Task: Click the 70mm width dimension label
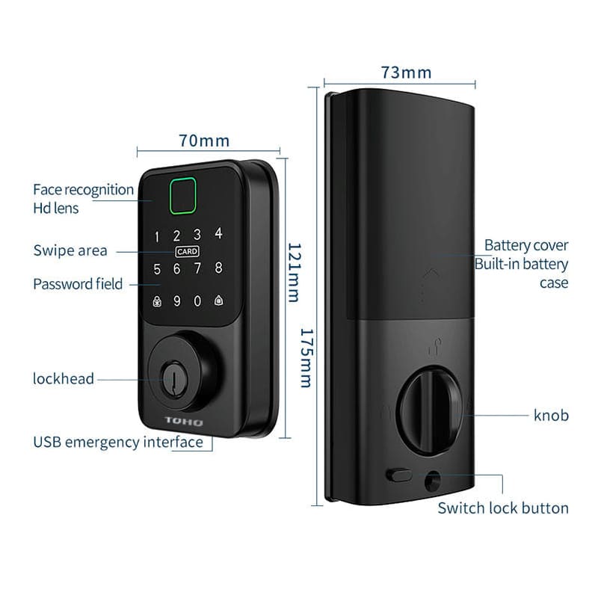coord(204,141)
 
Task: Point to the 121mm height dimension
coord(293,272)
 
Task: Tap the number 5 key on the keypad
coord(157,268)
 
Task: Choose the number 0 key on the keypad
coord(197,301)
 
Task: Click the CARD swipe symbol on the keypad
coord(187,252)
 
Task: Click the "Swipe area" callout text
coord(70,250)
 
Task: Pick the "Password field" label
coord(78,284)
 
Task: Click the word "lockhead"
coord(64,378)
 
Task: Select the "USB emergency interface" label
coord(118,442)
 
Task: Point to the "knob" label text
coord(551,415)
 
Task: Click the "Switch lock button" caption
coord(503,508)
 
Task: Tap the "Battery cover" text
coord(526,245)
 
